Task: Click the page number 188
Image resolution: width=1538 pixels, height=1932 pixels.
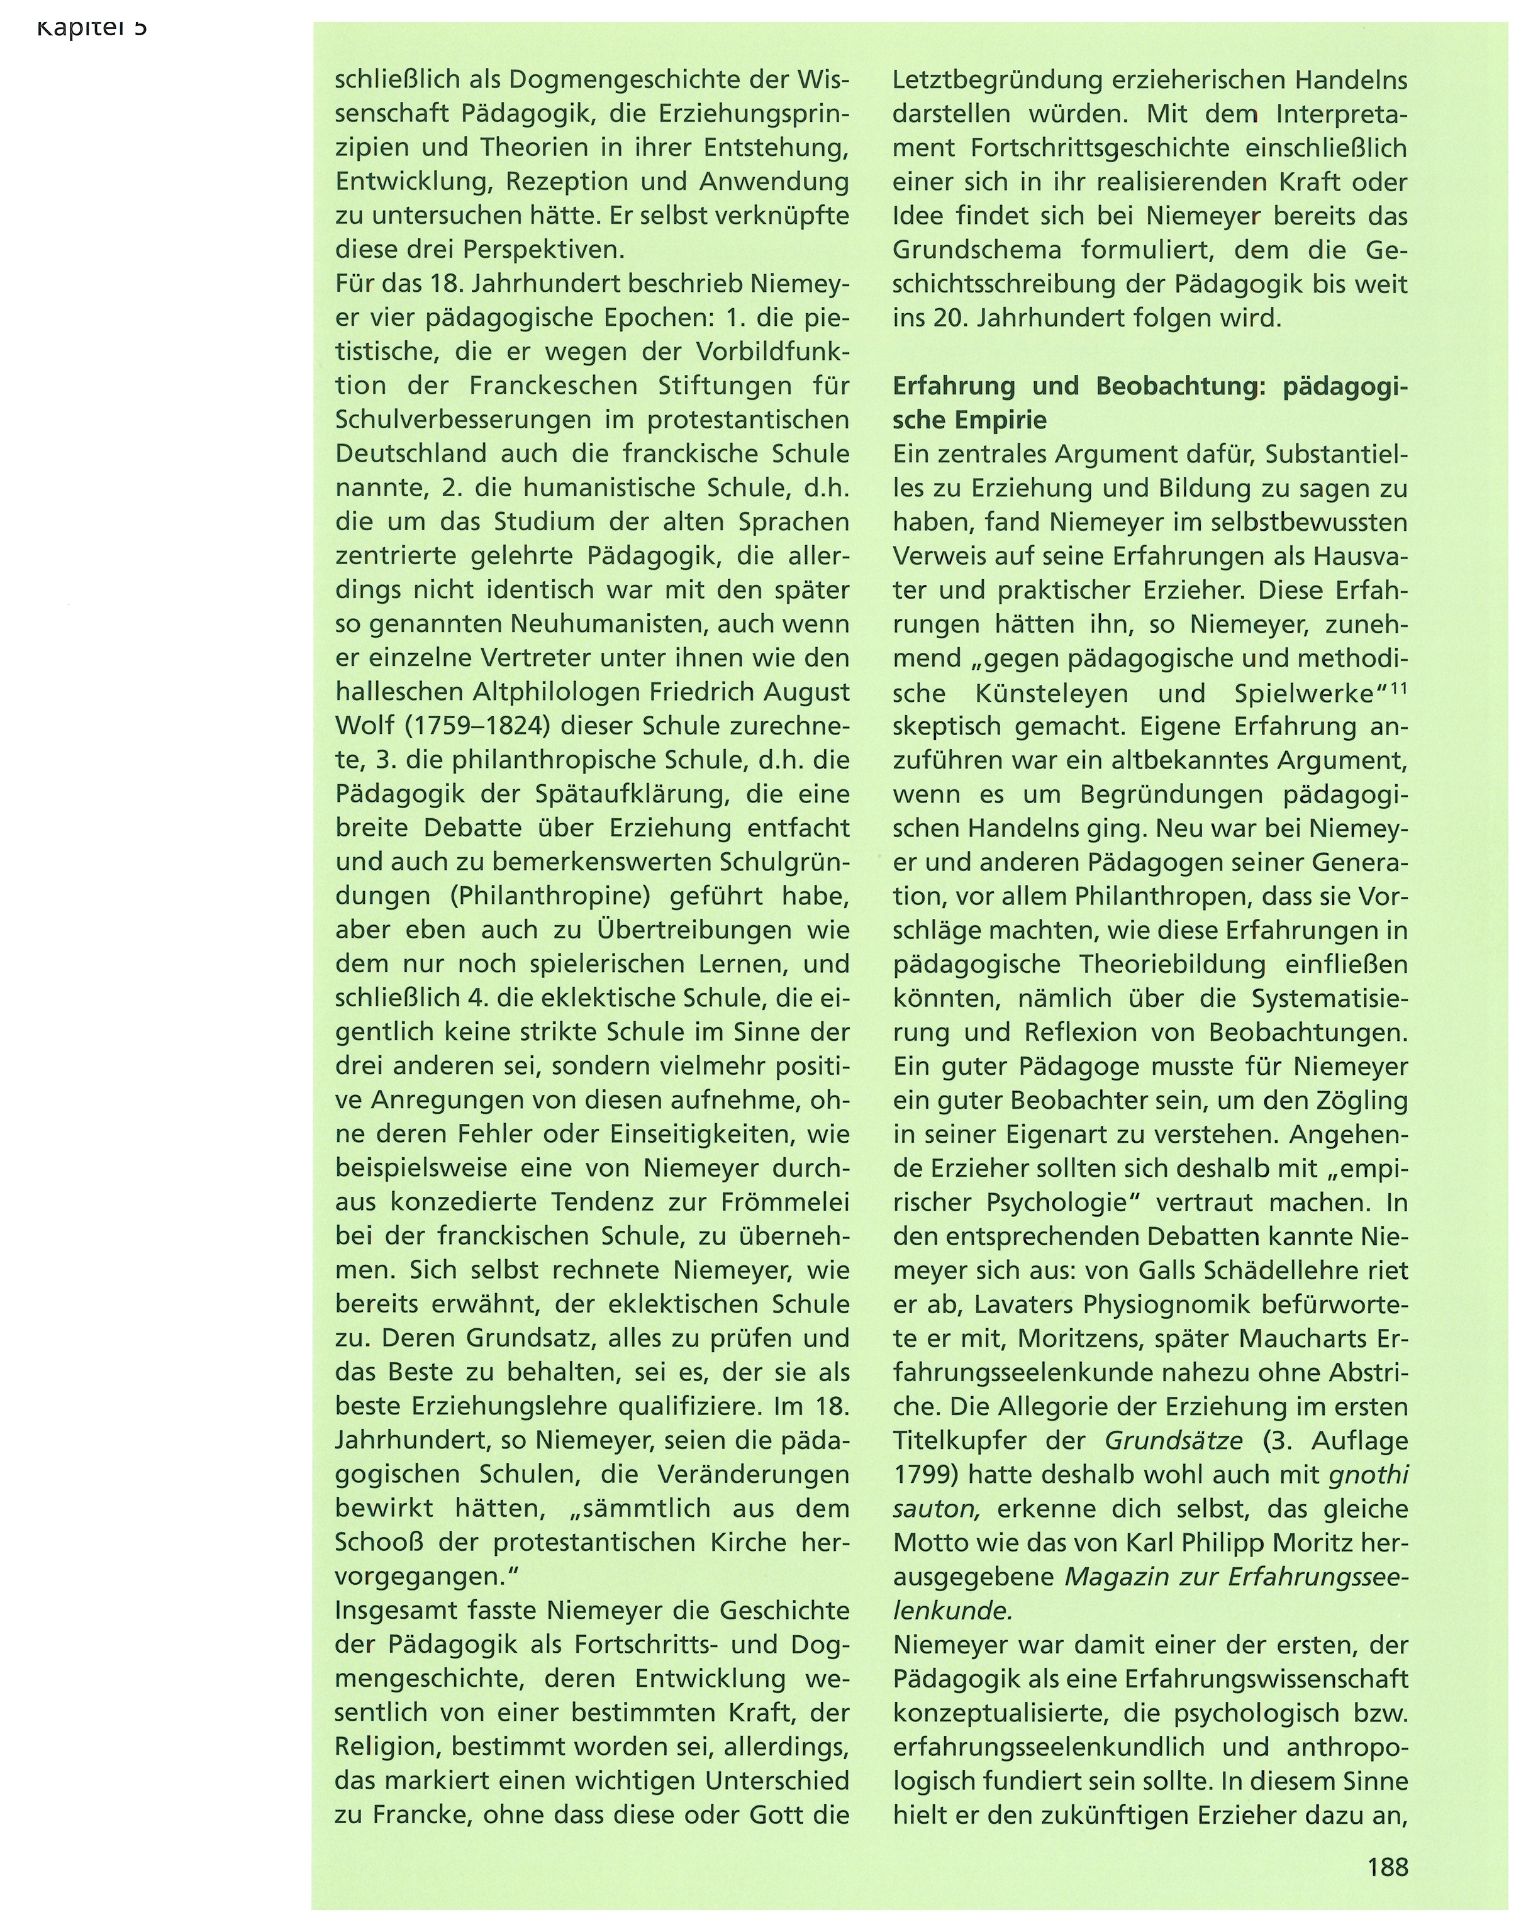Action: pos(1388,1867)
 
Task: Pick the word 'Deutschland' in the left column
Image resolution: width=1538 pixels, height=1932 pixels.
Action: pos(411,453)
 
